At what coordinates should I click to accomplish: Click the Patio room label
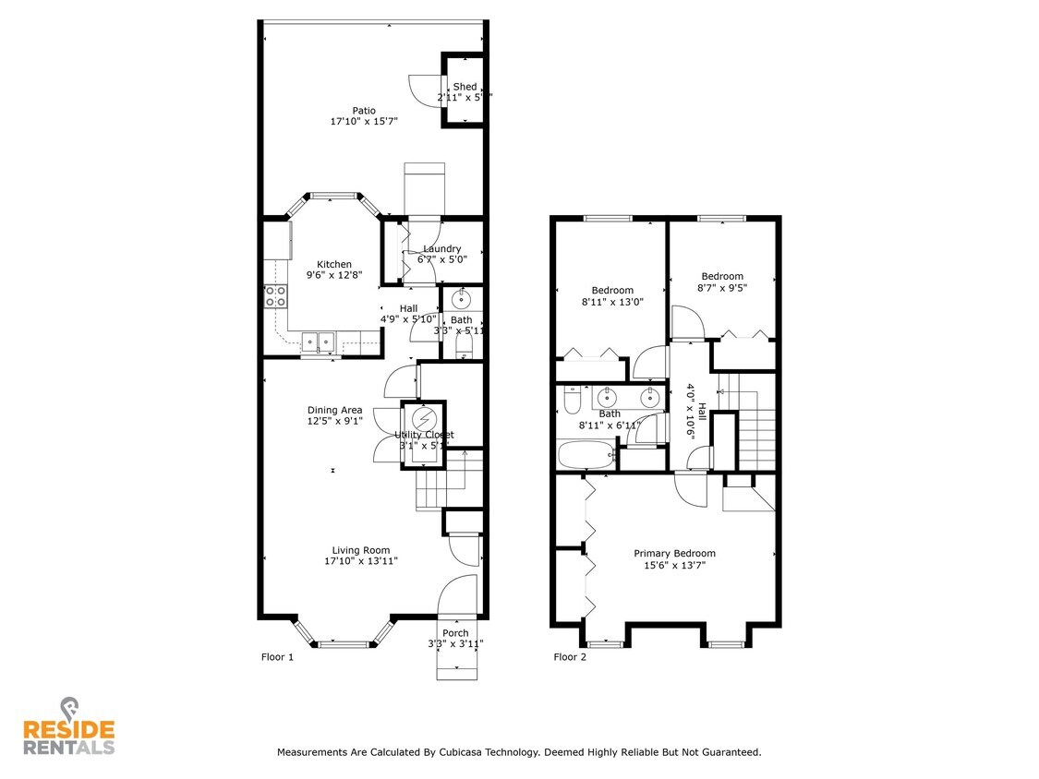[x=363, y=111]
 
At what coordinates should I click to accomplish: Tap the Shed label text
[x=465, y=87]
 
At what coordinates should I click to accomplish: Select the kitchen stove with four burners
[x=275, y=295]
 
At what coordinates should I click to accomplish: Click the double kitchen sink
[x=319, y=342]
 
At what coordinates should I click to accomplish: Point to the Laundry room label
[x=441, y=248]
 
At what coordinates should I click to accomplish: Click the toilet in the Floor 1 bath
[x=464, y=345]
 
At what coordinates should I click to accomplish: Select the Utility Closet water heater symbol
[x=423, y=416]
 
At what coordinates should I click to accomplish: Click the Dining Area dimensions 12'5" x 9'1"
[x=334, y=421]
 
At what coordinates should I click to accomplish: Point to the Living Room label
[x=361, y=550]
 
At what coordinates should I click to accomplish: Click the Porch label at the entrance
[x=455, y=633]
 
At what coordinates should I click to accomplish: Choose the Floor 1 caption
[x=277, y=657]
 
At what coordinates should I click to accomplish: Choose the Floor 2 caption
[x=570, y=657]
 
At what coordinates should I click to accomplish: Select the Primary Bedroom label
[x=674, y=554]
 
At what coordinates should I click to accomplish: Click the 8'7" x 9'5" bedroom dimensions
[x=721, y=287]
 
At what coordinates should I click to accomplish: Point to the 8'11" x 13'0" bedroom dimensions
[x=612, y=301]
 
